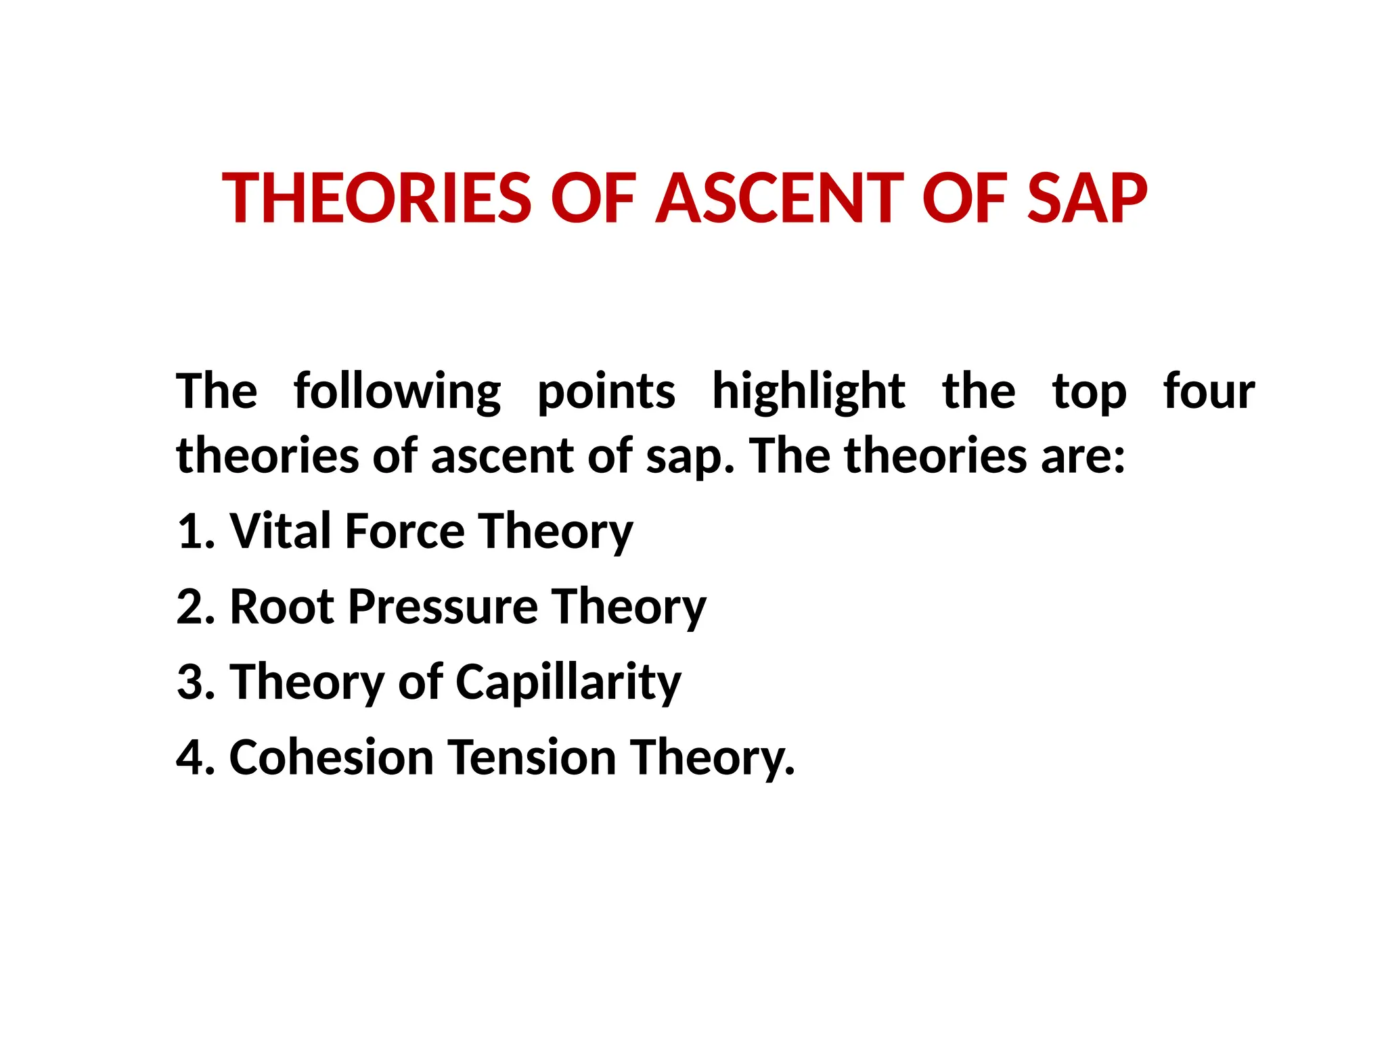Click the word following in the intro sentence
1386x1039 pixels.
pos(397,392)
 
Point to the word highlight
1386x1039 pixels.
pos(809,392)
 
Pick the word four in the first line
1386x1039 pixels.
pos(1209,392)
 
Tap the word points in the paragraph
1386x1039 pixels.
pos(606,392)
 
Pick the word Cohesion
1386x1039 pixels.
pos(332,757)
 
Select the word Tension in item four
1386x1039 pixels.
pos(532,757)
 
